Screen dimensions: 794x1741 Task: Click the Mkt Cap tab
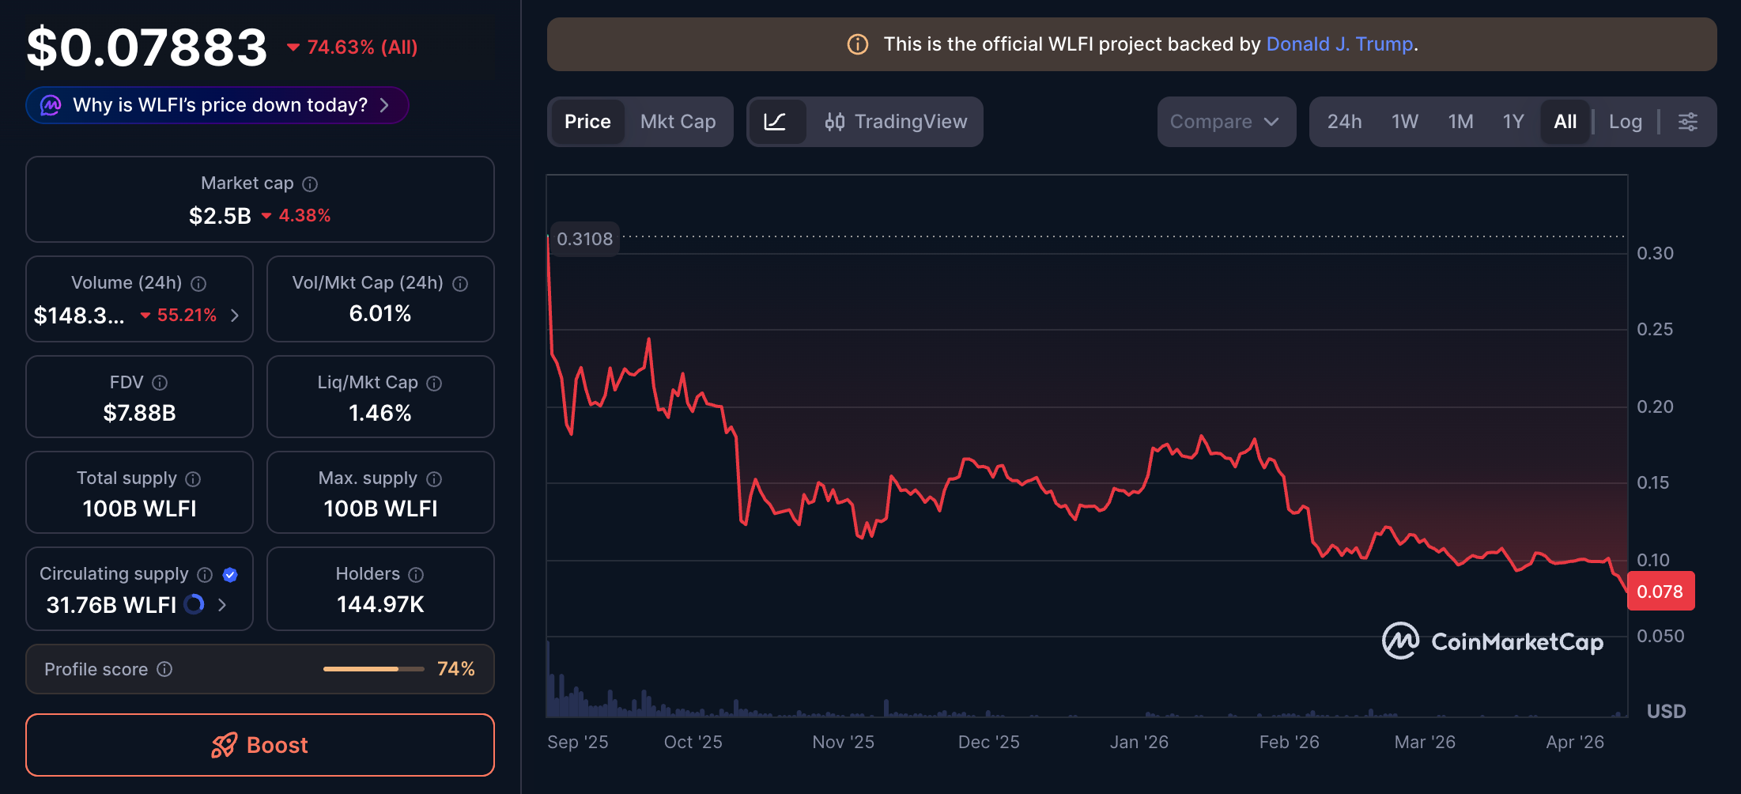(x=678, y=122)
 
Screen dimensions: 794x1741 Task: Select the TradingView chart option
(x=896, y=122)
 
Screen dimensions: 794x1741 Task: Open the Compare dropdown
(x=1225, y=122)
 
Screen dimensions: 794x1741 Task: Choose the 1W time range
(x=1404, y=122)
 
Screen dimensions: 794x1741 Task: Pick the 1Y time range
(x=1513, y=122)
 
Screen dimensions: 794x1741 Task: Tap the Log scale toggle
(x=1625, y=122)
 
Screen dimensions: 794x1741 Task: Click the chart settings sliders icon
(x=1687, y=122)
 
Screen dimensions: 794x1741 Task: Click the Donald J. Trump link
(x=1339, y=44)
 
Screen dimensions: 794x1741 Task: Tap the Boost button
(x=260, y=745)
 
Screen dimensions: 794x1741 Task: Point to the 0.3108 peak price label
(x=584, y=239)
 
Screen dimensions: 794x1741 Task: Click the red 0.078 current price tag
(x=1660, y=592)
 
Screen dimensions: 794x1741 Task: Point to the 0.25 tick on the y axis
(x=1654, y=329)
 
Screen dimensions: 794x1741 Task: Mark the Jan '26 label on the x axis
(x=1139, y=742)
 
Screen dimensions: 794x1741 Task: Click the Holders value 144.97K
(x=380, y=604)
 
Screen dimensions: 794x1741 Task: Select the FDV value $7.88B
(x=139, y=413)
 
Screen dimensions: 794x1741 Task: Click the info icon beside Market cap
(x=310, y=184)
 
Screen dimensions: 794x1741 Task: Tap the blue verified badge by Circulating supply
(x=230, y=575)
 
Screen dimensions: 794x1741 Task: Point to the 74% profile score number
(x=456, y=669)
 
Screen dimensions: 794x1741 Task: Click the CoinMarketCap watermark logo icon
(x=1399, y=641)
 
